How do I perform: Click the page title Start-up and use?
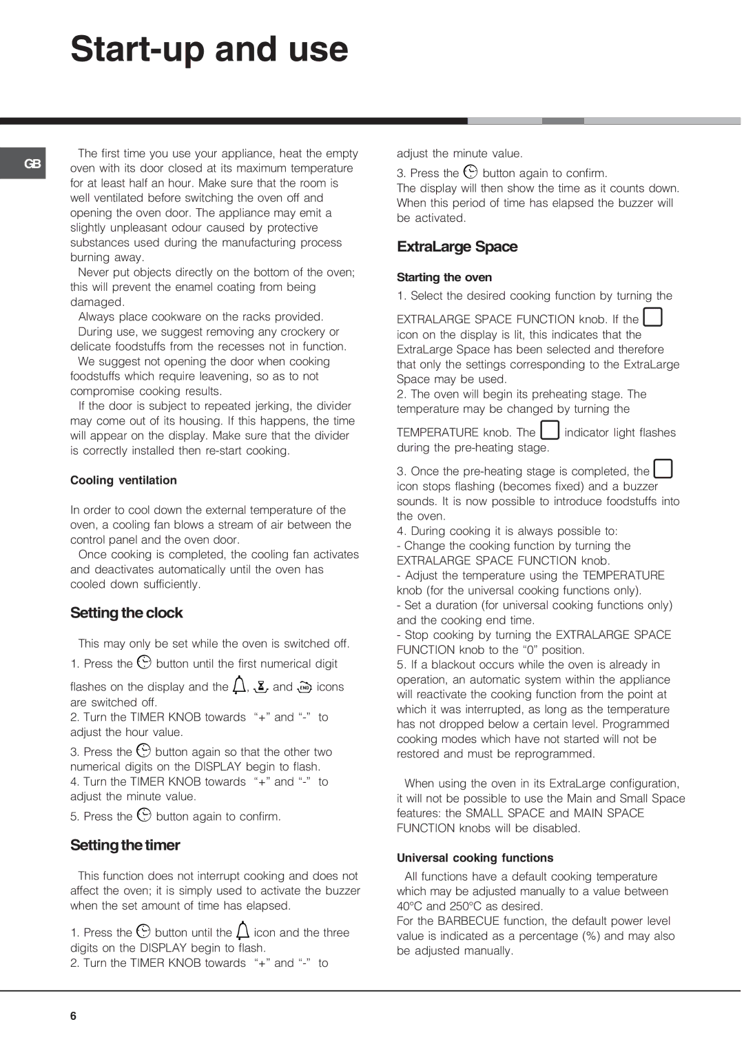(209, 50)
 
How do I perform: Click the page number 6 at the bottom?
(73, 1016)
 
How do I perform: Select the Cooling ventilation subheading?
(123, 480)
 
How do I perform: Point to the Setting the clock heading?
(126, 613)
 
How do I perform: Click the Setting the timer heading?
(125, 845)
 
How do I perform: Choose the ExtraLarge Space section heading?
(457, 247)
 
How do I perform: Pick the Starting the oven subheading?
(444, 277)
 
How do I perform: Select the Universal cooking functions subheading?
(475, 858)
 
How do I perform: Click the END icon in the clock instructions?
(304, 686)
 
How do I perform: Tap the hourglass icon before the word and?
(261, 686)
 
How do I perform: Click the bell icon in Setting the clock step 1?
(239, 684)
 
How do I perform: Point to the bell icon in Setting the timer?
(242, 930)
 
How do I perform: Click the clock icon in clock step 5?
(144, 815)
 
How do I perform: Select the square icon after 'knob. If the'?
(652, 317)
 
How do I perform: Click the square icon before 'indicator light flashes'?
(549, 430)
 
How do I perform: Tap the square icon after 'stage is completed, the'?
(663, 469)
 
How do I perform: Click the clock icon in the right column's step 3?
(471, 172)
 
